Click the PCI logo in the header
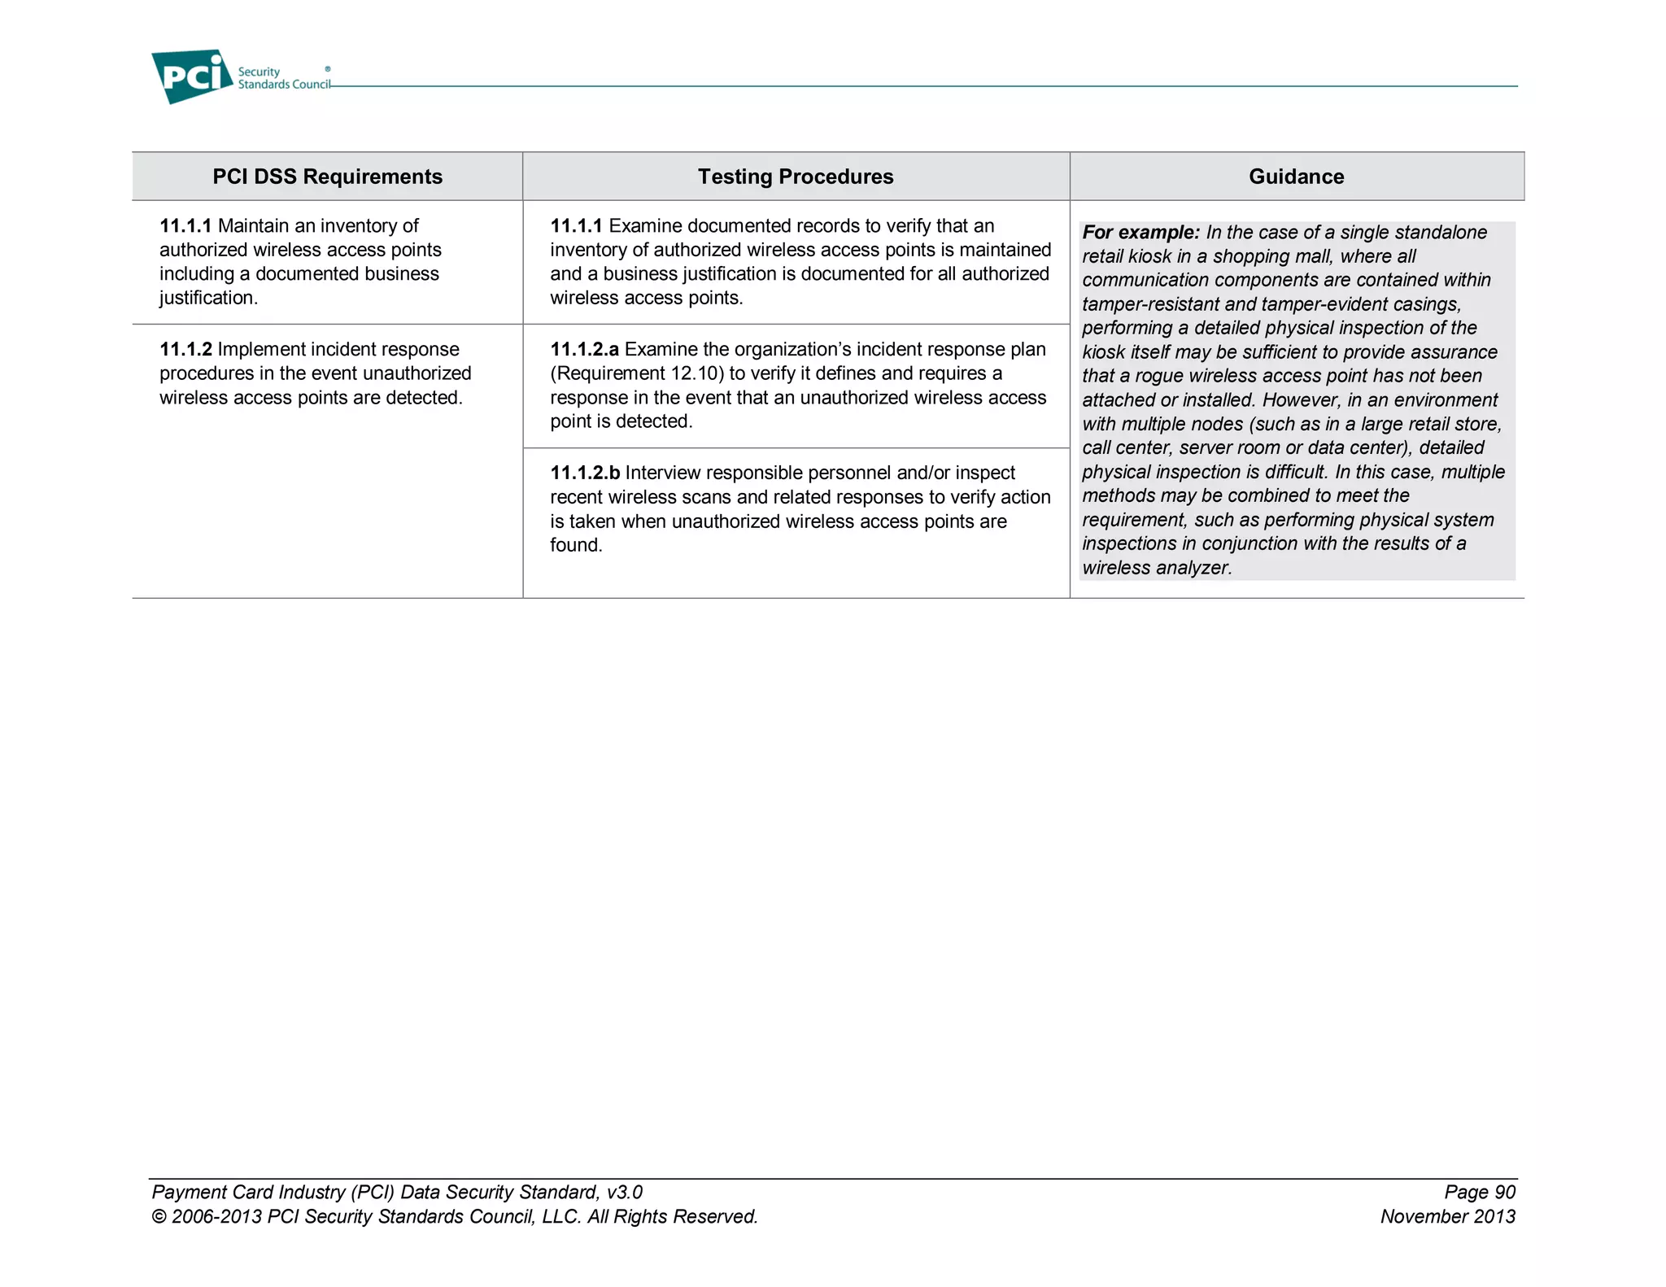(192, 76)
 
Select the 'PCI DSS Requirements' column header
(327, 177)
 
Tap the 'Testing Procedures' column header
(795, 177)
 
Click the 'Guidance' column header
(1296, 177)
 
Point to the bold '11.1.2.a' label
(584, 350)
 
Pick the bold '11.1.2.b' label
(584, 473)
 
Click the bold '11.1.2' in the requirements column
(185, 350)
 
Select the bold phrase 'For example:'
(1140, 233)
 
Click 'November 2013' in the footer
(1447, 1217)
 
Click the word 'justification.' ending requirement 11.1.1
(208, 299)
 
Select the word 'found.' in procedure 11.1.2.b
(576, 546)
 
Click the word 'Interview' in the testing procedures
(665, 473)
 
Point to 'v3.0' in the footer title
(624, 1193)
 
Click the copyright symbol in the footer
(159, 1217)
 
